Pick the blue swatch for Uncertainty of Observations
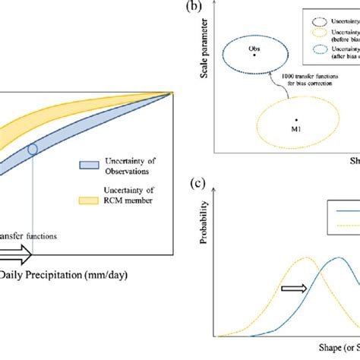tap(89, 166)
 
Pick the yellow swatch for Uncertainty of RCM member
tap(89, 199)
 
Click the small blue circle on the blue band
tap(31, 149)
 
